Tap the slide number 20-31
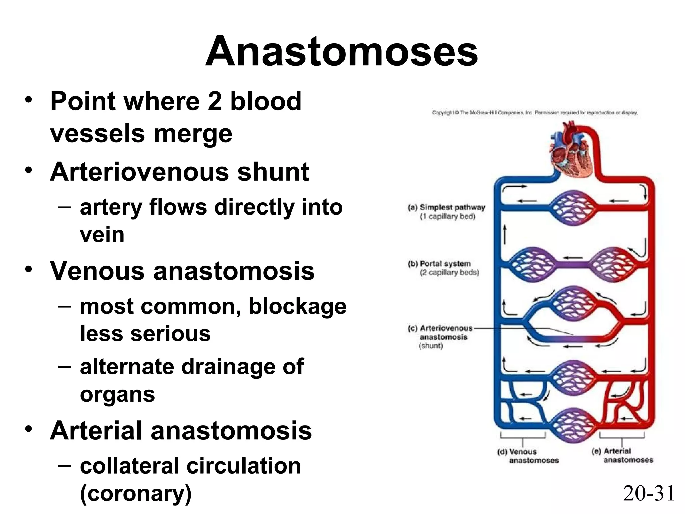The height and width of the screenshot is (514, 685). [649, 493]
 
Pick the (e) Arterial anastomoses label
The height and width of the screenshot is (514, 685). [622, 456]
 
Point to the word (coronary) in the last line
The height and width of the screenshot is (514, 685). [136, 493]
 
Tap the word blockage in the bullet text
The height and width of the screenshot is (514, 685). [297, 307]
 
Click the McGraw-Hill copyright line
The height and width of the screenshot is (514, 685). [535, 113]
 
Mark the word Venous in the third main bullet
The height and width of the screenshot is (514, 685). [97, 271]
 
